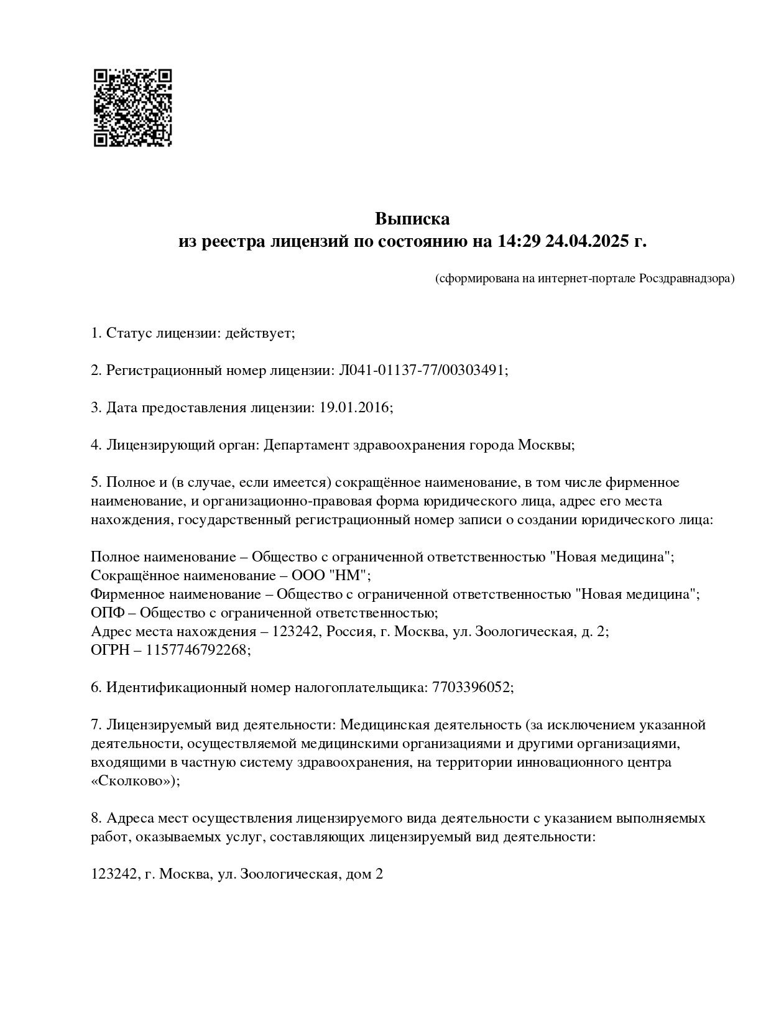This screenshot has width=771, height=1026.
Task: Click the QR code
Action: click(x=132, y=108)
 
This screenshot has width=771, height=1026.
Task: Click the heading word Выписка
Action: click(x=412, y=219)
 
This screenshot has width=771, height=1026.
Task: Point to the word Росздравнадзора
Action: click(x=686, y=279)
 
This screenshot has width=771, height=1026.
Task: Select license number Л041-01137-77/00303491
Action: click(x=421, y=371)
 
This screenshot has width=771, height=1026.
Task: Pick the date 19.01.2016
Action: click(x=354, y=408)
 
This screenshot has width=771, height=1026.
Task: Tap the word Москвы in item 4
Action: click(x=544, y=445)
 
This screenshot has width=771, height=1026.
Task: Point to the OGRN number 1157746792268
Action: click(x=197, y=650)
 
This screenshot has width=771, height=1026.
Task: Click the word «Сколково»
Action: click(x=132, y=781)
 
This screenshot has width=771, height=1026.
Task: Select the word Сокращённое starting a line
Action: click(x=131, y=575)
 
